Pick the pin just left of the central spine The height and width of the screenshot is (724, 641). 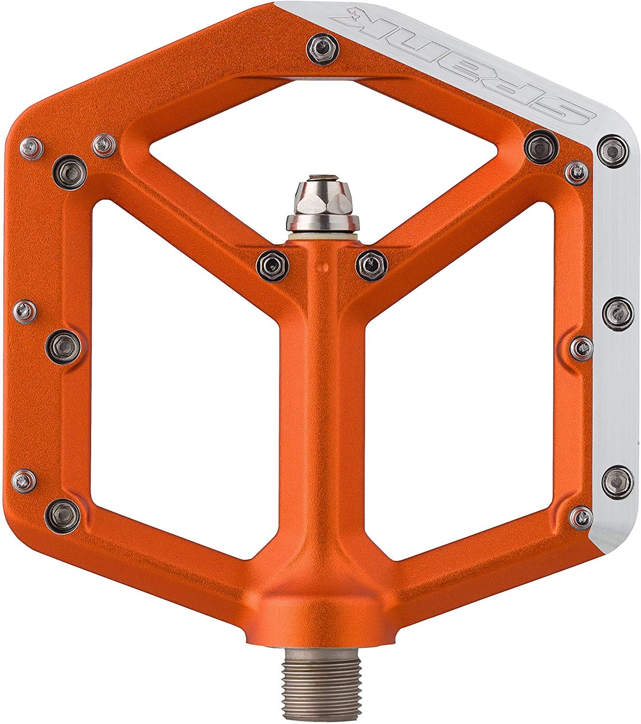pyautogui.click(x=273, y=265)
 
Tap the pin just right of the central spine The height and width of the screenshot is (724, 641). pyautogui.click(x=372, y=265)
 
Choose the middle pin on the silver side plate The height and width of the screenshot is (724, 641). pyautogui.click(x=618, y=313)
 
